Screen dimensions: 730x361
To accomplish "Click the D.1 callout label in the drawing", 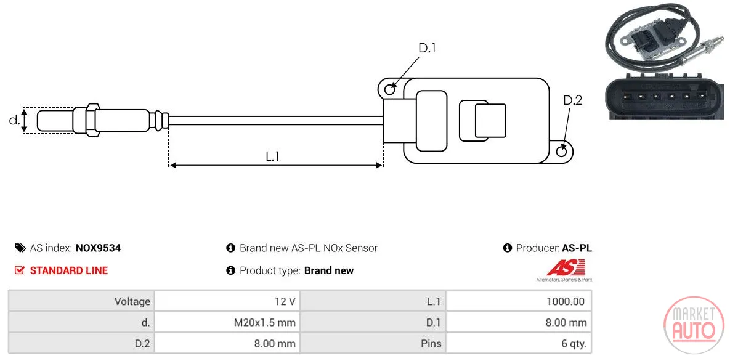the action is (426, 48).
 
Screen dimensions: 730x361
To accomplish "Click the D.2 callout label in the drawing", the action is (572, 100).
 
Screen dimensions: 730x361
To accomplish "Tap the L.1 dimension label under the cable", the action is (272, 156).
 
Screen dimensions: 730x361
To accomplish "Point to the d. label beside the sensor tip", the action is (14, 120).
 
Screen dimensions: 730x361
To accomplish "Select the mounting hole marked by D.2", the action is (562, 150).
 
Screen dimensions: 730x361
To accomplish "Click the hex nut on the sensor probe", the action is (92, 120).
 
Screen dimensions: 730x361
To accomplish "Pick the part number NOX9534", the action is (98, 248).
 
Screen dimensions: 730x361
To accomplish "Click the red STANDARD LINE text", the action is (69, 270).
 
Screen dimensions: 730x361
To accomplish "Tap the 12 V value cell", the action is (285, 301).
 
